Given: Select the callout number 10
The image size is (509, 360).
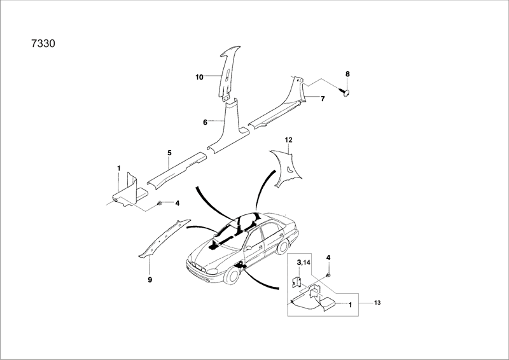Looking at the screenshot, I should tap(199, 77).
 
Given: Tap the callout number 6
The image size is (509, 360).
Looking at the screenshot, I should tap(205, 121).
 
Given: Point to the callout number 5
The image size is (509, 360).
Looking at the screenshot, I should tap(170, 153).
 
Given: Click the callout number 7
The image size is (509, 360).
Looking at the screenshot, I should tap(323, 99).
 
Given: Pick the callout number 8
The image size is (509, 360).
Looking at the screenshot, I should tap(347, 74).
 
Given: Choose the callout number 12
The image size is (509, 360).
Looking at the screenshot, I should tap(288, 139).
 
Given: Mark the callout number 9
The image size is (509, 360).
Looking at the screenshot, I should tap(150, 279).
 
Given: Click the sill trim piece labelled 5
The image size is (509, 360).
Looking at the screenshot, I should tap(174, 169).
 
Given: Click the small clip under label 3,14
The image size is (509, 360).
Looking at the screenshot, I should tap(297, 281).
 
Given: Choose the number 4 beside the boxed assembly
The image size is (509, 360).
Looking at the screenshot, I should tap(328, 258).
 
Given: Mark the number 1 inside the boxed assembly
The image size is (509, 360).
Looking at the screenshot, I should tap(349, 305).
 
